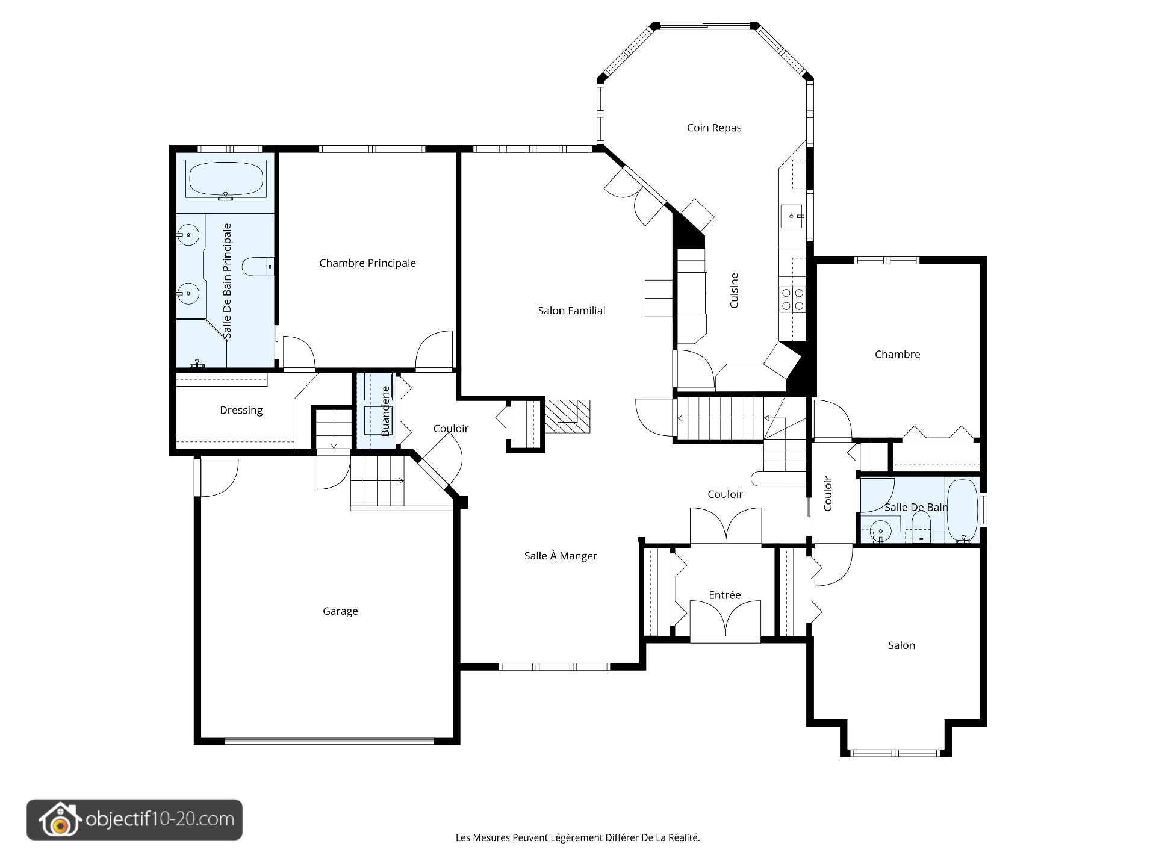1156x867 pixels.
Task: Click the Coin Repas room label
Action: point(714,128)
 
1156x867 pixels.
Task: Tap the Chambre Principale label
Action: point(367,263)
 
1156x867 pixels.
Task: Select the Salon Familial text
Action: point(571,311)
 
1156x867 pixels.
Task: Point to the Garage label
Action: point(340,611)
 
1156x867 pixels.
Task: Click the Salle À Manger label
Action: point(561,556)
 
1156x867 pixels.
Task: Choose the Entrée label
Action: point(725,595)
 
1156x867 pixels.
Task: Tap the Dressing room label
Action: point(241,411)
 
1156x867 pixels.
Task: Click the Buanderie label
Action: point(385,411)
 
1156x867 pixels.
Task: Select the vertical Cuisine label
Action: point(734,291)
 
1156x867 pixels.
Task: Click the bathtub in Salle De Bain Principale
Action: point(226,179)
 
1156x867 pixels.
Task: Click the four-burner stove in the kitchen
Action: point(792,299)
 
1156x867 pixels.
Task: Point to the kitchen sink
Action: point(792,216)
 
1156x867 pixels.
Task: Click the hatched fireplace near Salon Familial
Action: point(567,416)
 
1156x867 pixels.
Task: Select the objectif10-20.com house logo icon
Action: point(59,820)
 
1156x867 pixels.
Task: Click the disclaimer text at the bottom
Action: point(578,837)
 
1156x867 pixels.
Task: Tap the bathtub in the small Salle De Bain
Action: point(962,511)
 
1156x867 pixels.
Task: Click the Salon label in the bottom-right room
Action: point(901,645)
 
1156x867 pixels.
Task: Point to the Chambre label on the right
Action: point(897,355)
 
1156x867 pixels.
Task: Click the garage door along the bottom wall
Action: point(329,741)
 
